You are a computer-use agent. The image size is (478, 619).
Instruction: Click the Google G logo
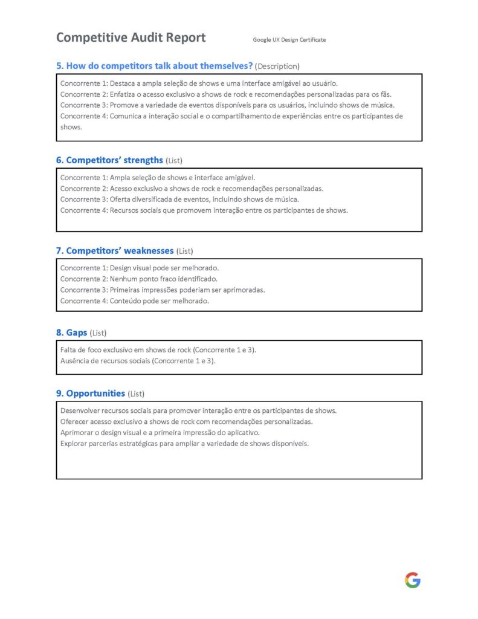pyautogui.click(x=413, y=580)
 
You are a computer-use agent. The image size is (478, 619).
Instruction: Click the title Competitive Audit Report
pyautogui.click(x=131, y=37)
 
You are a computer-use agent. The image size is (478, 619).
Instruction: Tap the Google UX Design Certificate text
pyautogui.click(x=289, y=40)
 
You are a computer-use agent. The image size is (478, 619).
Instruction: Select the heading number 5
pyautogui.click(x=60, y=65)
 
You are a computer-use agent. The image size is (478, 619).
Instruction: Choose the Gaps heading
pyautogui.click(x=76, y=332)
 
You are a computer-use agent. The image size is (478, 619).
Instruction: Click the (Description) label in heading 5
pyautogui.click(x=277, y=66)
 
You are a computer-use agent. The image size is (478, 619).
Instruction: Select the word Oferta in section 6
pyautogui.click(x=120, y=199)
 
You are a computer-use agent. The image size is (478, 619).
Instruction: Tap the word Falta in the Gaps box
pyautogui.click(x=68, y=350)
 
